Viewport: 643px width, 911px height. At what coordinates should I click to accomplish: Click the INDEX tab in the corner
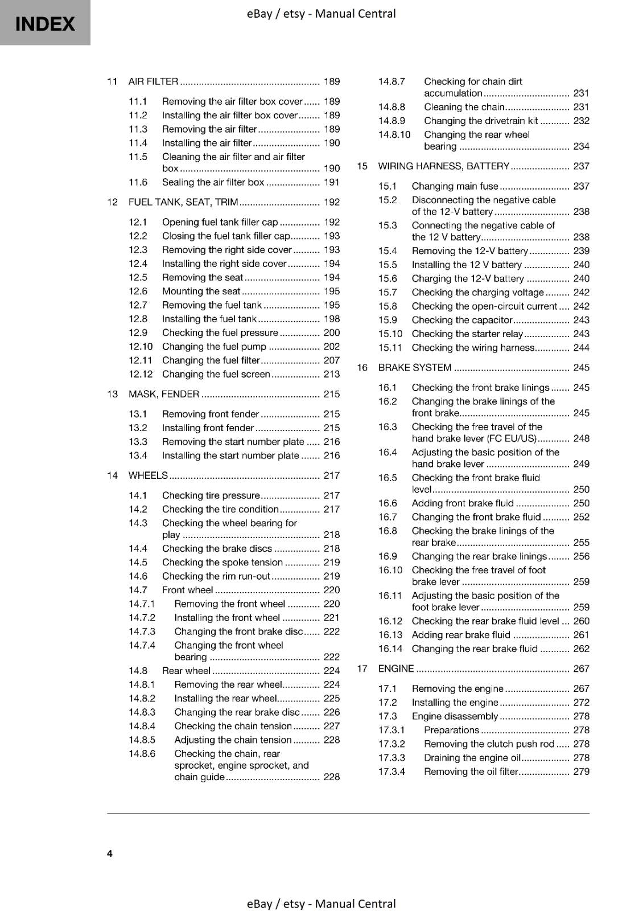pos(45,23)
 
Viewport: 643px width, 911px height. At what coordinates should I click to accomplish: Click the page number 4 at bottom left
pos(110,853)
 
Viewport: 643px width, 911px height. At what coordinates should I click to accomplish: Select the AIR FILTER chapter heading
pos(153,81)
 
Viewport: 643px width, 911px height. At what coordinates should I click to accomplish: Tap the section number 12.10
pos(141,346)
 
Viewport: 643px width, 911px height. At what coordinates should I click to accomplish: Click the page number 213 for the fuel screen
pos(331,374)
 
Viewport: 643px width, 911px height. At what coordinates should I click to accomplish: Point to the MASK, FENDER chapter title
pos(164,394)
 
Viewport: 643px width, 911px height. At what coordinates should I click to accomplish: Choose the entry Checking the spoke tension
pos(222,562)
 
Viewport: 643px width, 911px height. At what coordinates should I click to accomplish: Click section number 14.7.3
pos(142,631)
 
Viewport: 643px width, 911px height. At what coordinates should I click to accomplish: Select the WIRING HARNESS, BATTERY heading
pos(444,166)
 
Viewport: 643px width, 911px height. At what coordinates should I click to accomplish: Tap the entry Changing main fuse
pos(455,186)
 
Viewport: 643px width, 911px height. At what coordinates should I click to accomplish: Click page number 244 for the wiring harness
pos(581,347)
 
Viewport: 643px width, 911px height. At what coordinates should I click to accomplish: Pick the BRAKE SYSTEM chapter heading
pos(415,368)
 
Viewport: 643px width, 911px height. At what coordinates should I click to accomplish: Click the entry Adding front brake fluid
pos(462,503)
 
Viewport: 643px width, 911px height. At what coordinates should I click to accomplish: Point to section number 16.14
pos(390,649)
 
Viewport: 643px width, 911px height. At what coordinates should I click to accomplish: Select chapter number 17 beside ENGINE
pos(362,668)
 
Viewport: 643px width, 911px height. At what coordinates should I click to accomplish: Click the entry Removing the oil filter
pos(471,772)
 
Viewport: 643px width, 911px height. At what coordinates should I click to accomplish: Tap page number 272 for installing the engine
pos(581,703)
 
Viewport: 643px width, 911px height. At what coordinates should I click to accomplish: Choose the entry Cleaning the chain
pos(464,107)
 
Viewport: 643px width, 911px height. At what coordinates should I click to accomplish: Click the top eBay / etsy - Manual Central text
pos(321,14)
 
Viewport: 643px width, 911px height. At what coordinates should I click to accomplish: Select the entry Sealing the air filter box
pos(213,182)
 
